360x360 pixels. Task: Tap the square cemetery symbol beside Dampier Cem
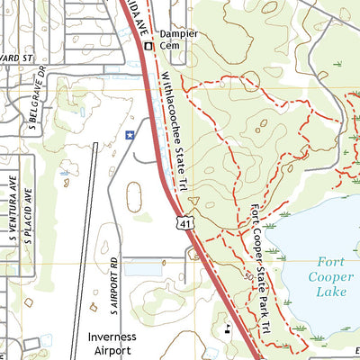point(148,45)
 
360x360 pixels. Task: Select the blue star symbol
point(130,136)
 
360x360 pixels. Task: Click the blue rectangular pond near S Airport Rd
point(142,267)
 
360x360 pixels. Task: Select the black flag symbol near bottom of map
point(228,328)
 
